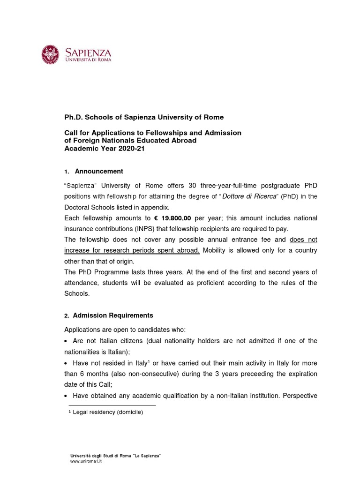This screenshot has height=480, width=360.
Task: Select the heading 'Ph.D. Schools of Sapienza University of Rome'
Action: (144, 117)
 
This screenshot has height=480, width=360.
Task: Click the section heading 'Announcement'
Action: (99, 171)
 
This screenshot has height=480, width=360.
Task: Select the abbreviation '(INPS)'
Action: (147, 229)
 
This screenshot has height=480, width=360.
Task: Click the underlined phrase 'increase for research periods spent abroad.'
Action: (132, 250)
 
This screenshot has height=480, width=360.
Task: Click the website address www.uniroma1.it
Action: (86, 461)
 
